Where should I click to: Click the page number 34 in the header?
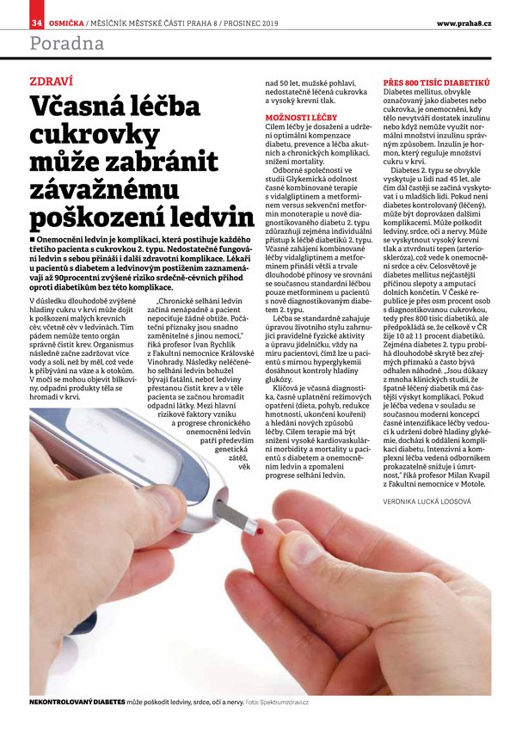(x=36, y=21)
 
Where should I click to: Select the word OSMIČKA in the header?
(x=67, y=21)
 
